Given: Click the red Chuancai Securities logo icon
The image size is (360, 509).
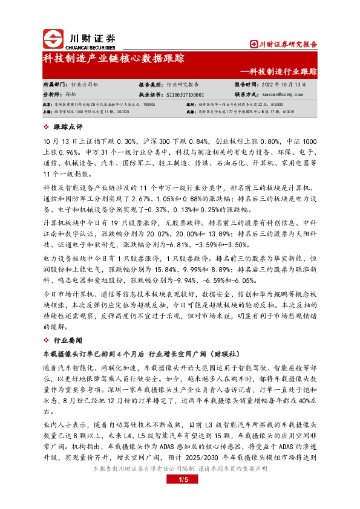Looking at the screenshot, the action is click(x=52, y=39).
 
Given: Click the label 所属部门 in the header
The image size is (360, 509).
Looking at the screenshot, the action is click(x=56, y=85).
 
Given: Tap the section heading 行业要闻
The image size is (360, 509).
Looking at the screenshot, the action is click(x=67, y=341).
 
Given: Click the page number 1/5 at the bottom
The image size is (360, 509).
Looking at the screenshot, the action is click(x=180, y=479).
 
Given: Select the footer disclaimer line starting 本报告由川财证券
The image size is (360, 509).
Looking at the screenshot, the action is click(x=180, y=468).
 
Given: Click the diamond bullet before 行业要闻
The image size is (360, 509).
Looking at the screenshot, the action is click(x=47, y=341).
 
